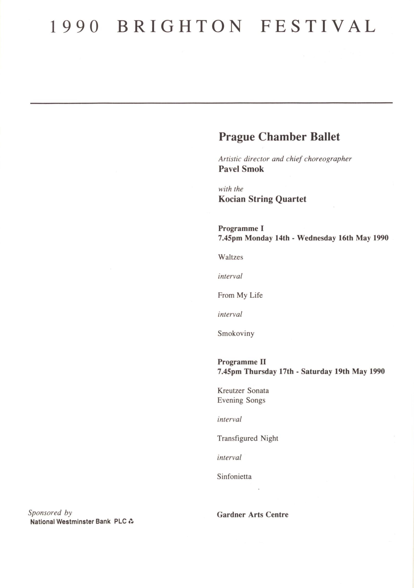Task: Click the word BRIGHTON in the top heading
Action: tap(179, 26)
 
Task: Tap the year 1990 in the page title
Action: tap(74, 27)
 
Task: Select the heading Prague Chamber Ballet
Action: tap(279, 137)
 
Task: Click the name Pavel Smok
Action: tap(241, 169)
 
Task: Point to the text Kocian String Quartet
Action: tap(262, 199)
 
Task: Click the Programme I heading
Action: tap(241, 228)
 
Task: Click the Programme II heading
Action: tap(241, 362)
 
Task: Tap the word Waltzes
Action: tap(230, 257)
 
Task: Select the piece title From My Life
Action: tap(240, 295)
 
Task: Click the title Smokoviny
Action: tap(236, 333)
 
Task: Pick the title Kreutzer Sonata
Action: tap(243, 391)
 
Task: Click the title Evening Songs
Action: tap(241, 400)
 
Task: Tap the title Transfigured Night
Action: tap(247, 438)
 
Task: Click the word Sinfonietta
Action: tap(234, 476)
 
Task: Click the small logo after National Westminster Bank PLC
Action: tap(131, 521)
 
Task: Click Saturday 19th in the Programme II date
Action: tap(325, 372)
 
